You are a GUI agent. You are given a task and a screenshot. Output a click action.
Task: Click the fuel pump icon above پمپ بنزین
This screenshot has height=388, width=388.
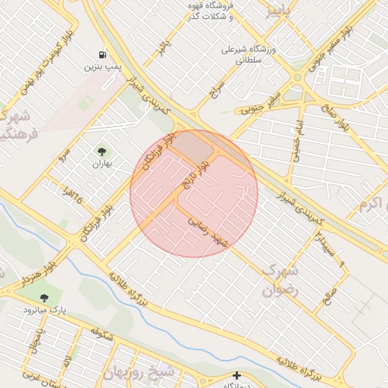(102, 55)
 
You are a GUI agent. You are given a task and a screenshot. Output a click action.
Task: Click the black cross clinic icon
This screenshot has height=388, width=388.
(236, 375)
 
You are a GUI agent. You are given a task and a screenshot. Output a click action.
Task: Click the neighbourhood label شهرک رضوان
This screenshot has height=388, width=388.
(280, 280)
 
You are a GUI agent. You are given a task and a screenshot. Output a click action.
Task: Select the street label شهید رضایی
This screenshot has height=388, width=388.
(210, 230)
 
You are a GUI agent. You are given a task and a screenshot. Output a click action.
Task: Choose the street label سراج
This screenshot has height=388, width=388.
(218, 91)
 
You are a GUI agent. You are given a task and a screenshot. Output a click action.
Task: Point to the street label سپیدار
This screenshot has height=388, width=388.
(321, 245)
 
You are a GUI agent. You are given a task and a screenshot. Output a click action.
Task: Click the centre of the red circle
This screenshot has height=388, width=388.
(194, 193)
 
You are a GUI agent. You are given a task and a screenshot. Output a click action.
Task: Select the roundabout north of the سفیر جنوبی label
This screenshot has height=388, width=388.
(298, 77)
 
